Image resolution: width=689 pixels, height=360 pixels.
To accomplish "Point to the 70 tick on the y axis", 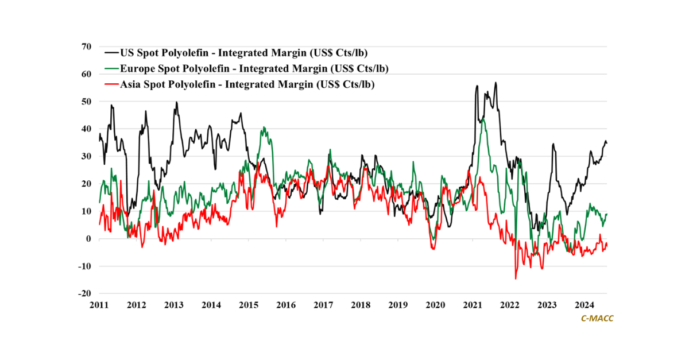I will click(x=86, y=47).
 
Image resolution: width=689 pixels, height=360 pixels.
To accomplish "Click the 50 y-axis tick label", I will click(x=86, y=102).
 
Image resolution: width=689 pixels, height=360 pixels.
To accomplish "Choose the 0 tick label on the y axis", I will click(x=88, y=239).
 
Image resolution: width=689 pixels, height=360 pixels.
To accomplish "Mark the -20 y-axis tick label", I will click(x=84, y=293).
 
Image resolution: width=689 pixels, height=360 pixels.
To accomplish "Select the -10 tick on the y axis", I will click(x=84, y=266).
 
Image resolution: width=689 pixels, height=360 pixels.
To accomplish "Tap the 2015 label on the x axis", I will click(x=248, y=305).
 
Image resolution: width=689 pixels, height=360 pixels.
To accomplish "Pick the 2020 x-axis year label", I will click(x=435, y=305).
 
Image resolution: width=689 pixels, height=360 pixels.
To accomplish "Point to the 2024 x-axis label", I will click(x=585, y=305).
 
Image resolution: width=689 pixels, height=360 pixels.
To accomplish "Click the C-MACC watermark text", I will click(x=597, y=318).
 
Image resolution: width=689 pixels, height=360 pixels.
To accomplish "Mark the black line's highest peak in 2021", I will click(x=496, y=83).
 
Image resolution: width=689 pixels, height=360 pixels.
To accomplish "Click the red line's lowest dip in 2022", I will click(x=516, y=278).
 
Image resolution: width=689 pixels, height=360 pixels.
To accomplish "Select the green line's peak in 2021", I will click(x=484, y=119).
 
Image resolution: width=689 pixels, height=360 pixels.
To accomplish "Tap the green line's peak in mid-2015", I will click(x=264, y=127).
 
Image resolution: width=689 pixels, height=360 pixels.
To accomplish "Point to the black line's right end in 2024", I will click(x=607, y=142).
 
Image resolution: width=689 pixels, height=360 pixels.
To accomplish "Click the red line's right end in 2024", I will click(x=607, y=246).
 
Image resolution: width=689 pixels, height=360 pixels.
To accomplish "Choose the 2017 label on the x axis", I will click(x=323, y=305).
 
